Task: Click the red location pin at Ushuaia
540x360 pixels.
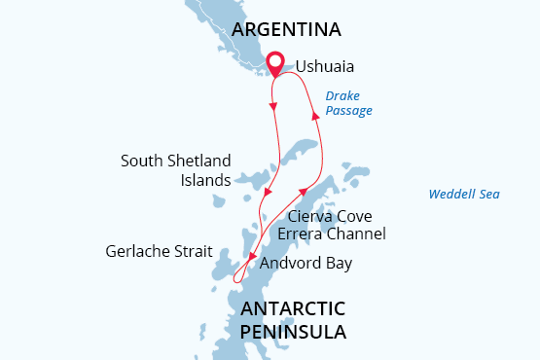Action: [x=276, y=62]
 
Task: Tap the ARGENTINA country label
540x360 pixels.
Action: [x=286, y=29]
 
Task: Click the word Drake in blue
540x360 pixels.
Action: [x=342, y=96]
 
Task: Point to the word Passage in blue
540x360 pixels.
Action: [x=348, y=111]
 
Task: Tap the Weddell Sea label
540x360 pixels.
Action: [x=464, y=194]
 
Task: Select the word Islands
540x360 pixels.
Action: [x=205, y=179]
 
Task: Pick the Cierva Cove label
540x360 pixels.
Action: [x=331, y=216]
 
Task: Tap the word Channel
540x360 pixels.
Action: [x=357, y=234]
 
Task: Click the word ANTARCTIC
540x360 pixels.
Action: [x=292, y=308]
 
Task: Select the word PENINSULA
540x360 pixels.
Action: [x=292, y=332]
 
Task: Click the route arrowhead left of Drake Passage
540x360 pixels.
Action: [x=314, y=115]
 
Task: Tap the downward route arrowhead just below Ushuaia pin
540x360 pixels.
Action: [x=273, y=105]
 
